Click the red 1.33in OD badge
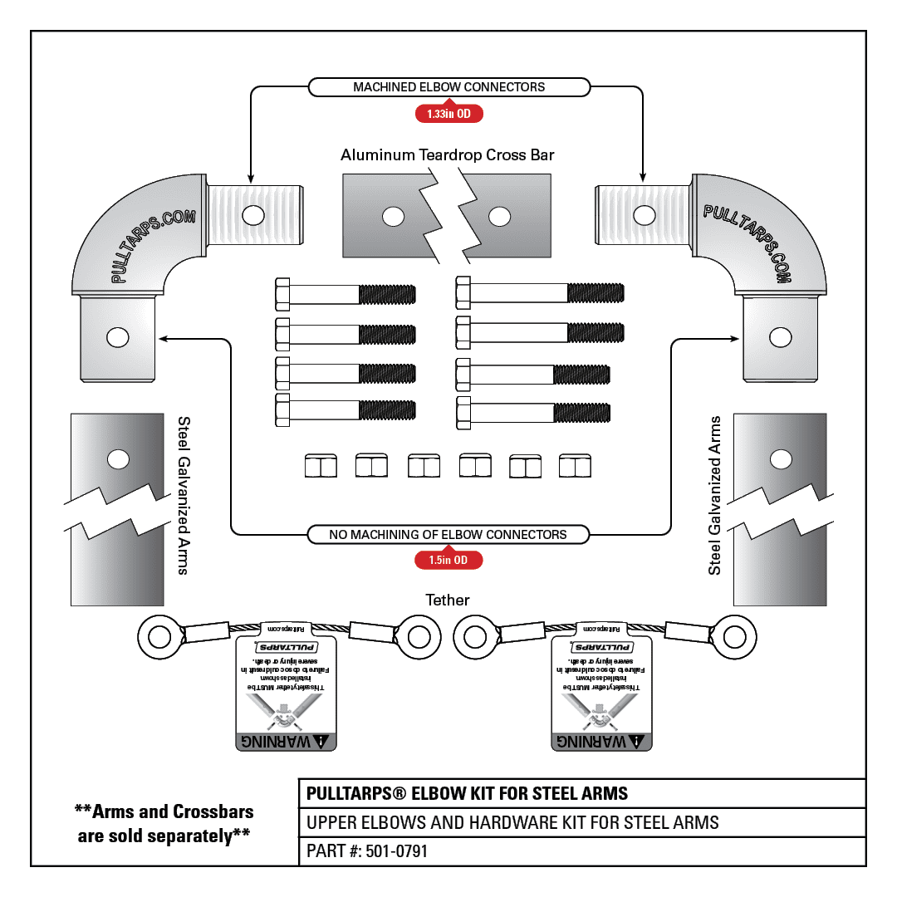pos(448,113)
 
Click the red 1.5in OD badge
pos(448,561)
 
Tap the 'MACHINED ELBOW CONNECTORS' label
pos(448,87)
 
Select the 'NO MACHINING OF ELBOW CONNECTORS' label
pos(448,535)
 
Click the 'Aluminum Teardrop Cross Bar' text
pos(448,155)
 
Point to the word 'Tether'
pos(448,600)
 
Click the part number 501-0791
pos(367,851)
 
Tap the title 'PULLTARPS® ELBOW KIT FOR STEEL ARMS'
pos(468,793)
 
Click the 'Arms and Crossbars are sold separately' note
pos(164,823)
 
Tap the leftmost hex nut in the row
pos(321,466)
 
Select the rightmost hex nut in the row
pos(575,466)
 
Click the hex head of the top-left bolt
pos(282,294)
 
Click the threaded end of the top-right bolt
pos(596,292)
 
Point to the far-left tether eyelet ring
pos(156,638)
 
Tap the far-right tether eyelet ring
pos(734,638)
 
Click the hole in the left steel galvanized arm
pos(118,458)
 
